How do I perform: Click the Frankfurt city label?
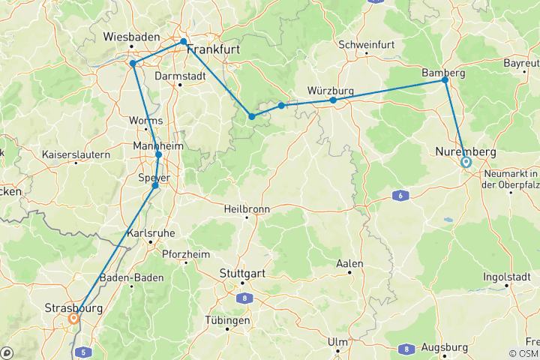217,50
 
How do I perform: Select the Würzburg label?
330,91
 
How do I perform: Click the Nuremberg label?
466,152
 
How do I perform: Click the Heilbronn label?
247,210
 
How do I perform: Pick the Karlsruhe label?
151,233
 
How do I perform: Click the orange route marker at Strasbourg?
73,319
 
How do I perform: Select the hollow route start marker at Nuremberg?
466,161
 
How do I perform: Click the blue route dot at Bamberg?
445,79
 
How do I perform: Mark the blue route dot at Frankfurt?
184,42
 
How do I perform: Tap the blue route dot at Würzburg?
332,100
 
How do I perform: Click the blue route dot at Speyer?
155,185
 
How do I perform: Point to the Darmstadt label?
179,76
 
